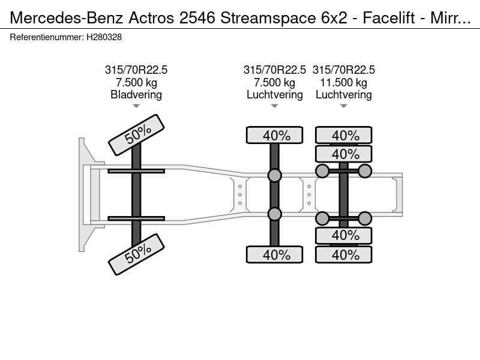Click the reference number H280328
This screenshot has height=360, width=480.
point(104,37)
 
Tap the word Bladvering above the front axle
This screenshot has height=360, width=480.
point(136,95)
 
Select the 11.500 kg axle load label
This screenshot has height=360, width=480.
point(343,82)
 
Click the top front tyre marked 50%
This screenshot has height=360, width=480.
point(137,135)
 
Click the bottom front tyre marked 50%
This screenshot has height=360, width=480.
point(137,254)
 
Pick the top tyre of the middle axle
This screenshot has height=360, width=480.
point(275,135)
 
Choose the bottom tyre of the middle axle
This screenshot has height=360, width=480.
point(275,254)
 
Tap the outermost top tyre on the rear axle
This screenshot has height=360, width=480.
point(343,135)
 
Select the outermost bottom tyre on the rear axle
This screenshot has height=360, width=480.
point(343,254)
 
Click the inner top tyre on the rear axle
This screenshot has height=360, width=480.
point(343,154)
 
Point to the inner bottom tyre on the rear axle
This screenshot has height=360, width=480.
point(343,235)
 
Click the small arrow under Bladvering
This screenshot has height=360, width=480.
point(136,106)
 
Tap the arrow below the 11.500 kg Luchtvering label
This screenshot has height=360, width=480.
point(343,106)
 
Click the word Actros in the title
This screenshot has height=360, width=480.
point(152,18)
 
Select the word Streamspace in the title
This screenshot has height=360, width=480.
point(268,19)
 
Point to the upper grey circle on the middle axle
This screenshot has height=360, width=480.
point(275,175)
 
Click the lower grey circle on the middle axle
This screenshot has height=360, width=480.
point(275,214)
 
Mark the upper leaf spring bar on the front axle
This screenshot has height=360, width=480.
point(136,171)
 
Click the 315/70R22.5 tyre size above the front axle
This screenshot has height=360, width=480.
point(136,70)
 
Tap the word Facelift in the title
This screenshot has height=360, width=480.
point(389,18)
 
